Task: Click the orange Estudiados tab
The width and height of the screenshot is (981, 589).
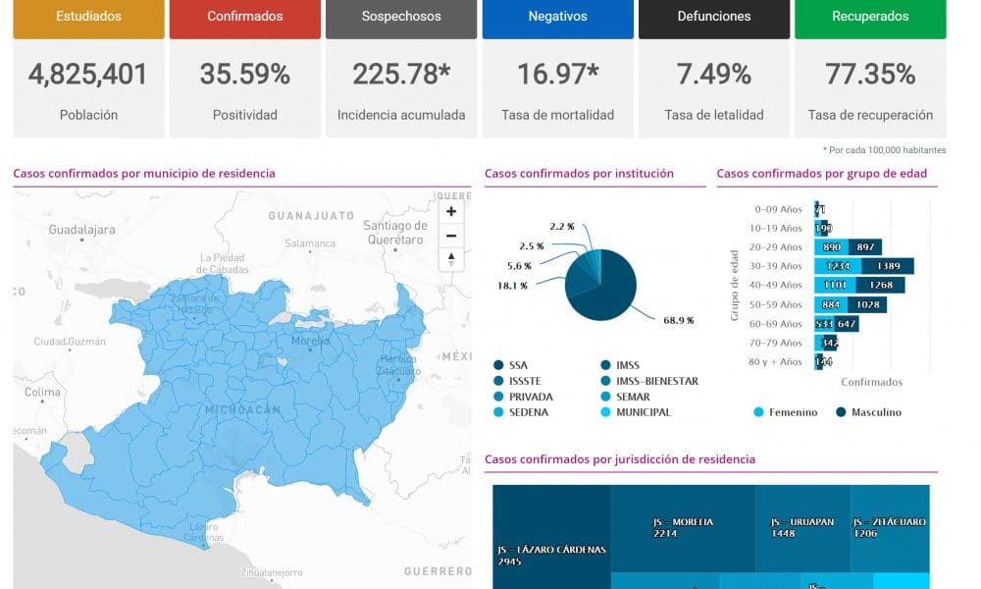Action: point(88,17)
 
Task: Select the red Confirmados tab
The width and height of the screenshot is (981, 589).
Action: point(244,17)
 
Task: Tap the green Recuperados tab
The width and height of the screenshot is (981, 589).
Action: point(870,17)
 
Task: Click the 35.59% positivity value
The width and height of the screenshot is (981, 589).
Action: point(244,74)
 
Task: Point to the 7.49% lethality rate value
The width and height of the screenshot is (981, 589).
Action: point(713,74)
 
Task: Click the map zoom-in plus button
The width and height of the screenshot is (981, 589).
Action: point(451,211)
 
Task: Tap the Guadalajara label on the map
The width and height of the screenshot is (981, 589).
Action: point(82,230)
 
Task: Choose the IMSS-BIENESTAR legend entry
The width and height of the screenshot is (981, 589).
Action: point(656,381)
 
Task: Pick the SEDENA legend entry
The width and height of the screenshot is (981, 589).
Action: point(529,412)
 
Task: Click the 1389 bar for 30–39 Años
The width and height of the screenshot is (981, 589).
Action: point(889,266)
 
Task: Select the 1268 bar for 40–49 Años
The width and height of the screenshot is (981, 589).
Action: point(881,286)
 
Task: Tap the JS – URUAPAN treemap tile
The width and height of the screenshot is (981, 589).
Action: point(802,527)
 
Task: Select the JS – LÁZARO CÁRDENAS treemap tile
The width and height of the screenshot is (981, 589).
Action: point(551,555)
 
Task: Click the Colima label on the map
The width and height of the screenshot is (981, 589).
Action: point(43,392)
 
